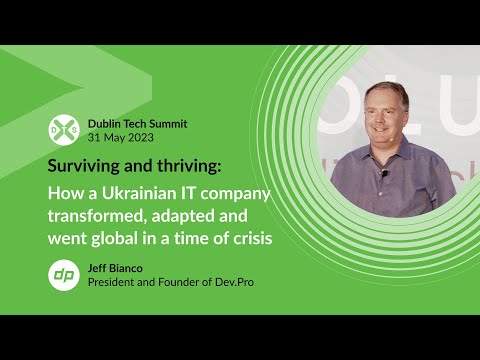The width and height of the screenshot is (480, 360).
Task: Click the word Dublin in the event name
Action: pyautogui.click(x=106, y=123)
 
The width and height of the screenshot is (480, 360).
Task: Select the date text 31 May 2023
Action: pyautogui.click(x=121, y=137)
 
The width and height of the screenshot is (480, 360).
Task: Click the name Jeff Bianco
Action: pyautogui.click(x=112, y=267)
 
